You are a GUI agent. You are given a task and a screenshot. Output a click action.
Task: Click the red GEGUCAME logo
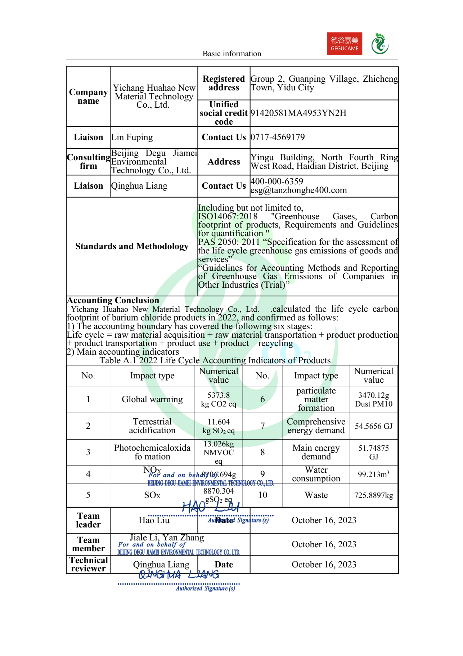coord(344,44)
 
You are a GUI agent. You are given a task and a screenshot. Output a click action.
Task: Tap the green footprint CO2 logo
coord(379,44)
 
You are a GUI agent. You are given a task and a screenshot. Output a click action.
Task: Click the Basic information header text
coord(231,54)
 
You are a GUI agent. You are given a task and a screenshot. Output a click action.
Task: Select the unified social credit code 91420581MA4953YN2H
coord(298,113)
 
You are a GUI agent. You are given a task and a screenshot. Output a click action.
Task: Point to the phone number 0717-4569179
coord(278,137)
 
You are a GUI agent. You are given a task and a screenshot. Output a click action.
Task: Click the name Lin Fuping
coord(132,137)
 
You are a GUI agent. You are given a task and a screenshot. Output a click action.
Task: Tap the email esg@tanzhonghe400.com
coord(299,190)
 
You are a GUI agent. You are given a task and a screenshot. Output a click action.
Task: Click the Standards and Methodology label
coord(132,246)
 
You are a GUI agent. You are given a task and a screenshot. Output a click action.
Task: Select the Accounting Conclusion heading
coord(113,300)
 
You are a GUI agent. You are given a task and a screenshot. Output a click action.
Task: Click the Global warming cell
coord(152,399)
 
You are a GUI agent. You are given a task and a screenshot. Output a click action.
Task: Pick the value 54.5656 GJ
coord(373,426)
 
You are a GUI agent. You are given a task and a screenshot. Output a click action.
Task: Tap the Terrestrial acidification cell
coord(152,426)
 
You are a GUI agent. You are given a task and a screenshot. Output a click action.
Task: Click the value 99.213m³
coord(373,475)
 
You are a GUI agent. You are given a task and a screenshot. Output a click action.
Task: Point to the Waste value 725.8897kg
coord(373,495)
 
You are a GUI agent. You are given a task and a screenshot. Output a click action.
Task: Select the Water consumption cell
coord(316,474)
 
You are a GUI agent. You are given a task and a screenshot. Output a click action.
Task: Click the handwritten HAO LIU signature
coord(211,507)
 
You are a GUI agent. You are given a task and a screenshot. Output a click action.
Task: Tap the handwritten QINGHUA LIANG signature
coord(179,575)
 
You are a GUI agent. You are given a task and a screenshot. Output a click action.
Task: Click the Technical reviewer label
coord(89,564)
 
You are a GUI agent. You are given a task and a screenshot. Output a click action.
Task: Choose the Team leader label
coord(88,520)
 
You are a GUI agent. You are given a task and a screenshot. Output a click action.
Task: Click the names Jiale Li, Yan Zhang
coord(167,538)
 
